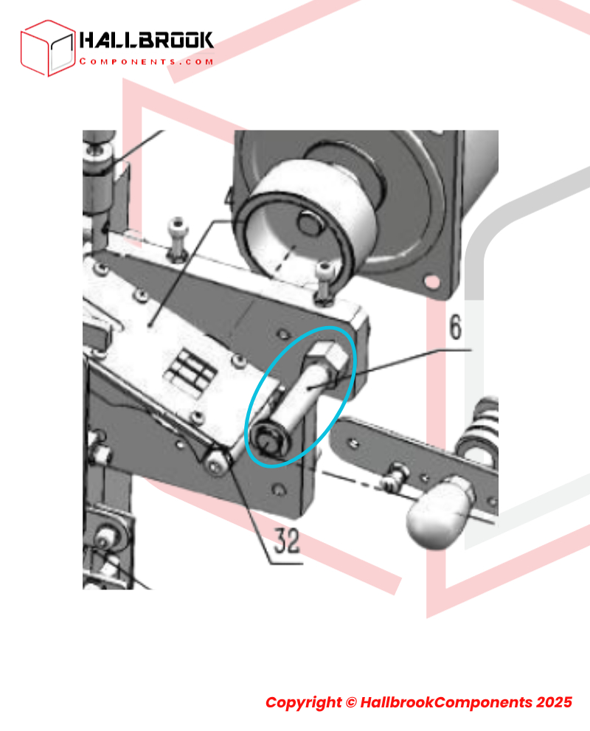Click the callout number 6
tap(455, 327)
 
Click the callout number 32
tap(287, 541)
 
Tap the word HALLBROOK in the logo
tap(146, 41)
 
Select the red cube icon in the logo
tap(47, 48)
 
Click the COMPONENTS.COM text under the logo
tap(146, 61)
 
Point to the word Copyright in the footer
tap(303, 702)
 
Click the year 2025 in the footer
tap(554, 702)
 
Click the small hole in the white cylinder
tap(310, 223)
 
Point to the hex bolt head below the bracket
tap(217, 464)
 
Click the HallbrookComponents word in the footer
tap(446, 702)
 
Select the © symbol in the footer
tap(351, 702)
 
